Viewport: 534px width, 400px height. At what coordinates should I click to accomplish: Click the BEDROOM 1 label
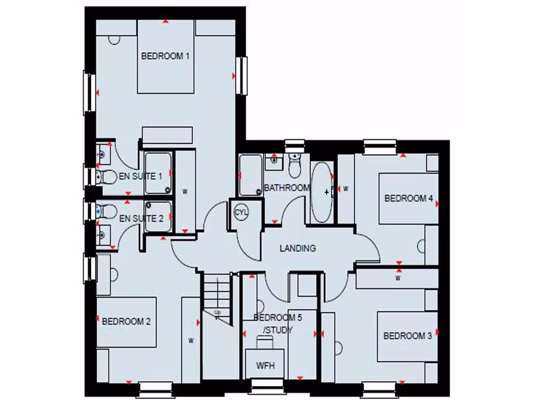pyautogui.click(x=165, y=56)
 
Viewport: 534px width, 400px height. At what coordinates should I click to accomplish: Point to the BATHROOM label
pyautogui.click(x=287, y=188)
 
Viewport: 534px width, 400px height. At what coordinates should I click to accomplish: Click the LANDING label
pyautogui.click(x=298, y=248)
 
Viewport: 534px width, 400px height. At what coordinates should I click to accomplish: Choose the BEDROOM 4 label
pyautogui.click(x=409, y=198)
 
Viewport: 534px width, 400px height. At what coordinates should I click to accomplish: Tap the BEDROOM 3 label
pyautogui.click(x=407, y=336)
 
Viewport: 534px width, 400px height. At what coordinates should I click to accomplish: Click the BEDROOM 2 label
pyautogui.click(x=126, y=321)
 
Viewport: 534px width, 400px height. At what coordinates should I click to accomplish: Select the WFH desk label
pyautogui.click(x=265, y=366)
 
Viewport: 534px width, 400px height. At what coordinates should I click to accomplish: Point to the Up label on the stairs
pyautogui.click(x=217, y=312)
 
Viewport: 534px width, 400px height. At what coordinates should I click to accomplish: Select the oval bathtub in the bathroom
pyautogui.click(x=321, y=192)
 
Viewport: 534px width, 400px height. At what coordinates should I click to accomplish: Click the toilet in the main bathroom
pyautogui.click(x=295, y=167)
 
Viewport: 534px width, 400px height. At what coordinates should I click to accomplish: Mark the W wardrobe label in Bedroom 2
pyautogui.click(x=191, y=341)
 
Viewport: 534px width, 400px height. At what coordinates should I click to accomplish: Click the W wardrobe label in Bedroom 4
pyautogui.click(x=345, y=189)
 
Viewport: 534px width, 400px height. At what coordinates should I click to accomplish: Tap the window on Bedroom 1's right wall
pyautogui.click(x=241, y=76)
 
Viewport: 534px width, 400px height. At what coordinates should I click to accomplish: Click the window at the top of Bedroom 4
pyautogui.click(x=380, y=147)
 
